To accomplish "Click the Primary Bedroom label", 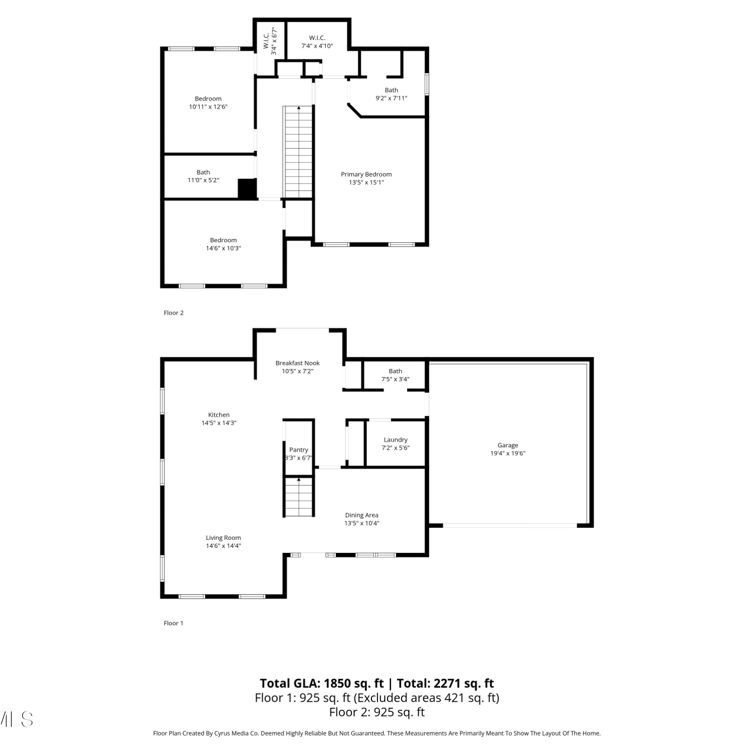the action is click(x=366, y=174).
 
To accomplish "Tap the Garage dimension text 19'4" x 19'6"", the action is click(x=508, y=453).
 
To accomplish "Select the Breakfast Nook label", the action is click(x=298, y=363).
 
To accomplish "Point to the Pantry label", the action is click(x=299, y=450).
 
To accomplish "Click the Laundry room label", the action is click(x=396, y=440).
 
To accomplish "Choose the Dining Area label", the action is click(x=362, y=515).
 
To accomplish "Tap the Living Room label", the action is click(x=223, y=538).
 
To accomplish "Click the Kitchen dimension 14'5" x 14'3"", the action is click(x=219, y=423).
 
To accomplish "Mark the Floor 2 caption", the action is click(x=174, y=313).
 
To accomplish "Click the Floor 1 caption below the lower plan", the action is click(x=174, y=623).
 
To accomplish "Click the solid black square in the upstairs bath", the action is click(x=247, y=189).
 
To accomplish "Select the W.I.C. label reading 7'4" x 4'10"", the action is click(x=317, y=42).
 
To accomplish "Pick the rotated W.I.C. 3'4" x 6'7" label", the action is click(x=270, y=41).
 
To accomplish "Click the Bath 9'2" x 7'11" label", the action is click(x=392, y=95).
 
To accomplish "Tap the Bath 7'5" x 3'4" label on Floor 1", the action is click(x=396, y=375).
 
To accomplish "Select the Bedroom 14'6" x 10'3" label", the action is click(x=224, y=244).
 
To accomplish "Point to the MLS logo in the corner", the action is click(x=16, y=719).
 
